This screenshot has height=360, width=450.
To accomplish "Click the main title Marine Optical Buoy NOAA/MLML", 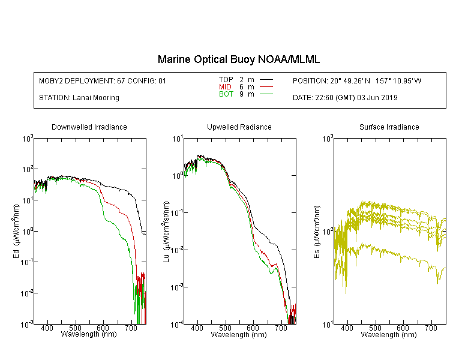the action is [x=238, y=59].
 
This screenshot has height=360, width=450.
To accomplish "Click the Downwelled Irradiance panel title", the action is [x=89, y=127].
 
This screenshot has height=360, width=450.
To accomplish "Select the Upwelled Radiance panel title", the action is [x=239, y=127].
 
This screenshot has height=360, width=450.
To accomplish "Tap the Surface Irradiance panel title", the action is [x=389, y=127].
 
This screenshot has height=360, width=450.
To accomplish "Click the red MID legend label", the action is [x=225, y=86].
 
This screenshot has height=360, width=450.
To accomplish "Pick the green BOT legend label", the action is [x=226, y=94].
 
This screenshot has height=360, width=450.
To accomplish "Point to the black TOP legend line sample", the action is [x=266, y=80].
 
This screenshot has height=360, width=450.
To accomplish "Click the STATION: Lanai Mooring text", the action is [x=79, y=98].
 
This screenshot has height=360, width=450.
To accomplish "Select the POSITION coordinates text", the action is [x=357, y=80].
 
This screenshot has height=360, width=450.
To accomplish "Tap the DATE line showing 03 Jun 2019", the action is [x=345, y=98].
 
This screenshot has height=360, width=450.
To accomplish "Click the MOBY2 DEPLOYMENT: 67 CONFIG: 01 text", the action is [x=103, y=80].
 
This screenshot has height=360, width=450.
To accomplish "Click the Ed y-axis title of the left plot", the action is [x=16, y=231].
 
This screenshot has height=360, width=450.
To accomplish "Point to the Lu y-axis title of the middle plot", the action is [x=166, y=232].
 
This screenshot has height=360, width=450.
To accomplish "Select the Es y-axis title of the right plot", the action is [x=316, y=232].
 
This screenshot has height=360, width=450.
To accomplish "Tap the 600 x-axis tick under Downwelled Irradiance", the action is [x=103, y=328].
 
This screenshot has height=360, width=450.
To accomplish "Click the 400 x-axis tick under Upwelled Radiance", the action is [x=197, y=328].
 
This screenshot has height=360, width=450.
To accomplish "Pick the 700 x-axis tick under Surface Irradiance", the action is [x=431, y=328].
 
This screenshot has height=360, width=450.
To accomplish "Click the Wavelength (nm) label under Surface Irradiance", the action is [x=389, y=335].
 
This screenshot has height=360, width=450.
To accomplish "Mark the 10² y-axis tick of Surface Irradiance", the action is [x=328, y=231].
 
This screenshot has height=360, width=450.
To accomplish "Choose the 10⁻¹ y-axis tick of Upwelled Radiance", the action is [x=177, y=213].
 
